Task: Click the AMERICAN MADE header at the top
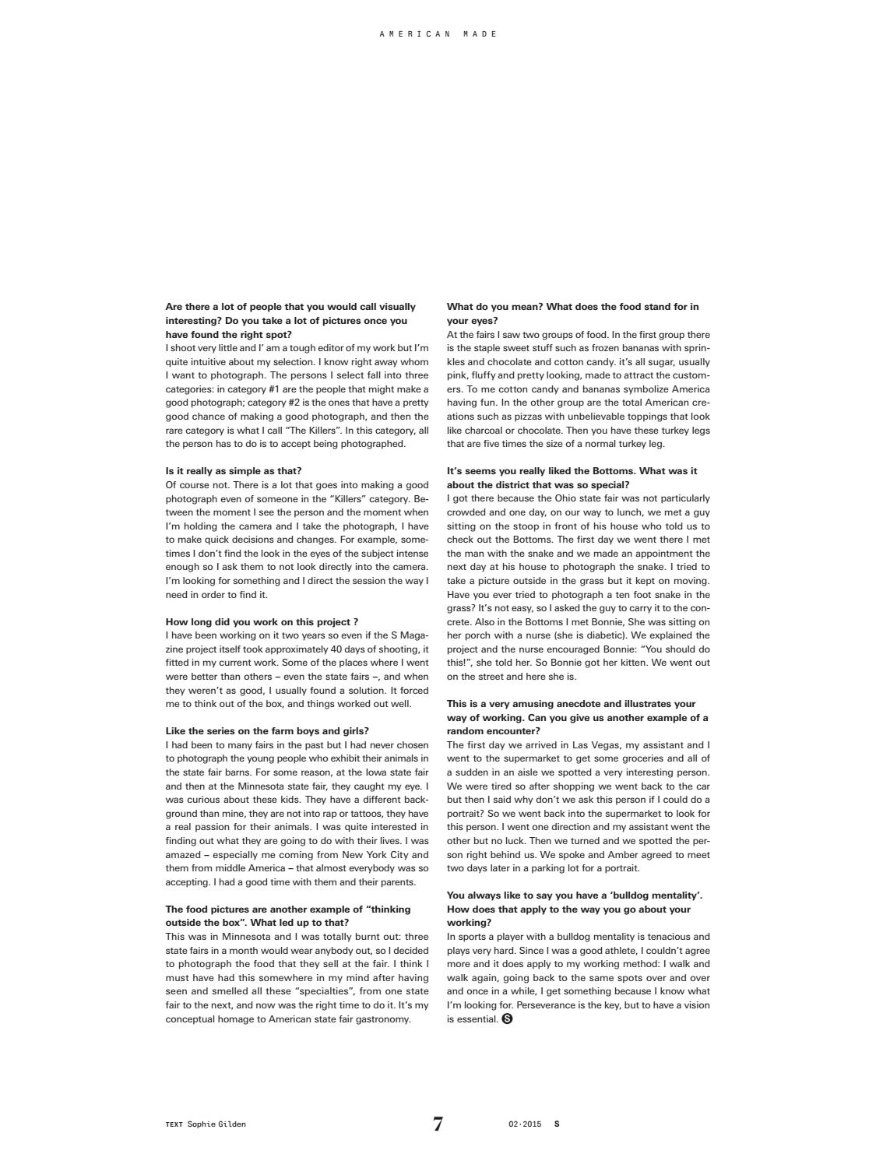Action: coord(438,34)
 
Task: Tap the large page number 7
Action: coord(438,1124)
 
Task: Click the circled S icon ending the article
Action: coord(508,1019)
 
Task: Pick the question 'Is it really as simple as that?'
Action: coord(234,471)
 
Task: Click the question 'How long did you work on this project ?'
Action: coord(262,622)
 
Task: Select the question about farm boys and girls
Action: coord(267,731)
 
